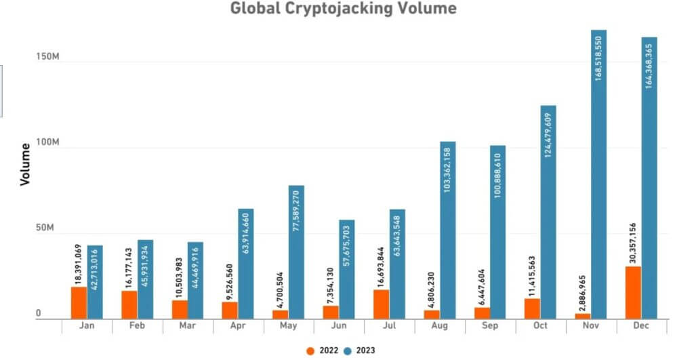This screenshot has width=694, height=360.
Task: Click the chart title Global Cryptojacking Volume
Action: coord(343,9)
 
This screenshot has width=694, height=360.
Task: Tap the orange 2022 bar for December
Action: coord(632,292)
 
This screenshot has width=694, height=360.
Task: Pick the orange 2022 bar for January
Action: coord(79,302)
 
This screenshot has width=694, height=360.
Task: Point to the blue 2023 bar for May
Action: coord(296,252)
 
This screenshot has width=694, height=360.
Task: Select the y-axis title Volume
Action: coord(25,164)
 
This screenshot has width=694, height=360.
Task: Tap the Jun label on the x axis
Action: coord(340,326)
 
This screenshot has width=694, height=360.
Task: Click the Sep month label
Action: coord(491,326)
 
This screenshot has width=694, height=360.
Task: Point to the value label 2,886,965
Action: coord(582,289)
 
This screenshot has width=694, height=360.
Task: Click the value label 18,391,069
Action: coord(79,264)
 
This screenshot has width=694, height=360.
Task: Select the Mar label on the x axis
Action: coord(188,326)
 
